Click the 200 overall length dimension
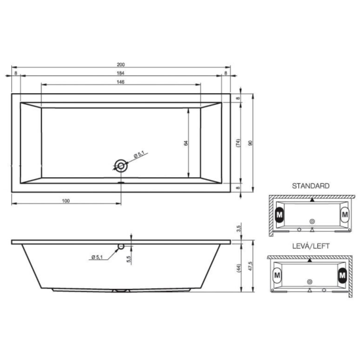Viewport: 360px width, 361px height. [x=121, y=65]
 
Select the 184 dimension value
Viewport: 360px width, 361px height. [x=120, y=74]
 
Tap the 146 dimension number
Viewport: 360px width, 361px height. [x=120, y=82]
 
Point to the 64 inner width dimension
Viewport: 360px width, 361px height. [x=186, y=143]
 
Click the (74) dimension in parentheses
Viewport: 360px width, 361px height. [x=238, y=143]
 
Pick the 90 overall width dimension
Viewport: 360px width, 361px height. [x=251, y=143]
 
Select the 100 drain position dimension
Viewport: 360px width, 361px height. [x=66, y=201]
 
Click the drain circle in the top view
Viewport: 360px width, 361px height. [x=121, y=165]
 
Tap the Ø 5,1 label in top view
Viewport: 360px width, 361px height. [x=139, y=154]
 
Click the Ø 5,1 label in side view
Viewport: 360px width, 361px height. [x=97, y=257]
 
